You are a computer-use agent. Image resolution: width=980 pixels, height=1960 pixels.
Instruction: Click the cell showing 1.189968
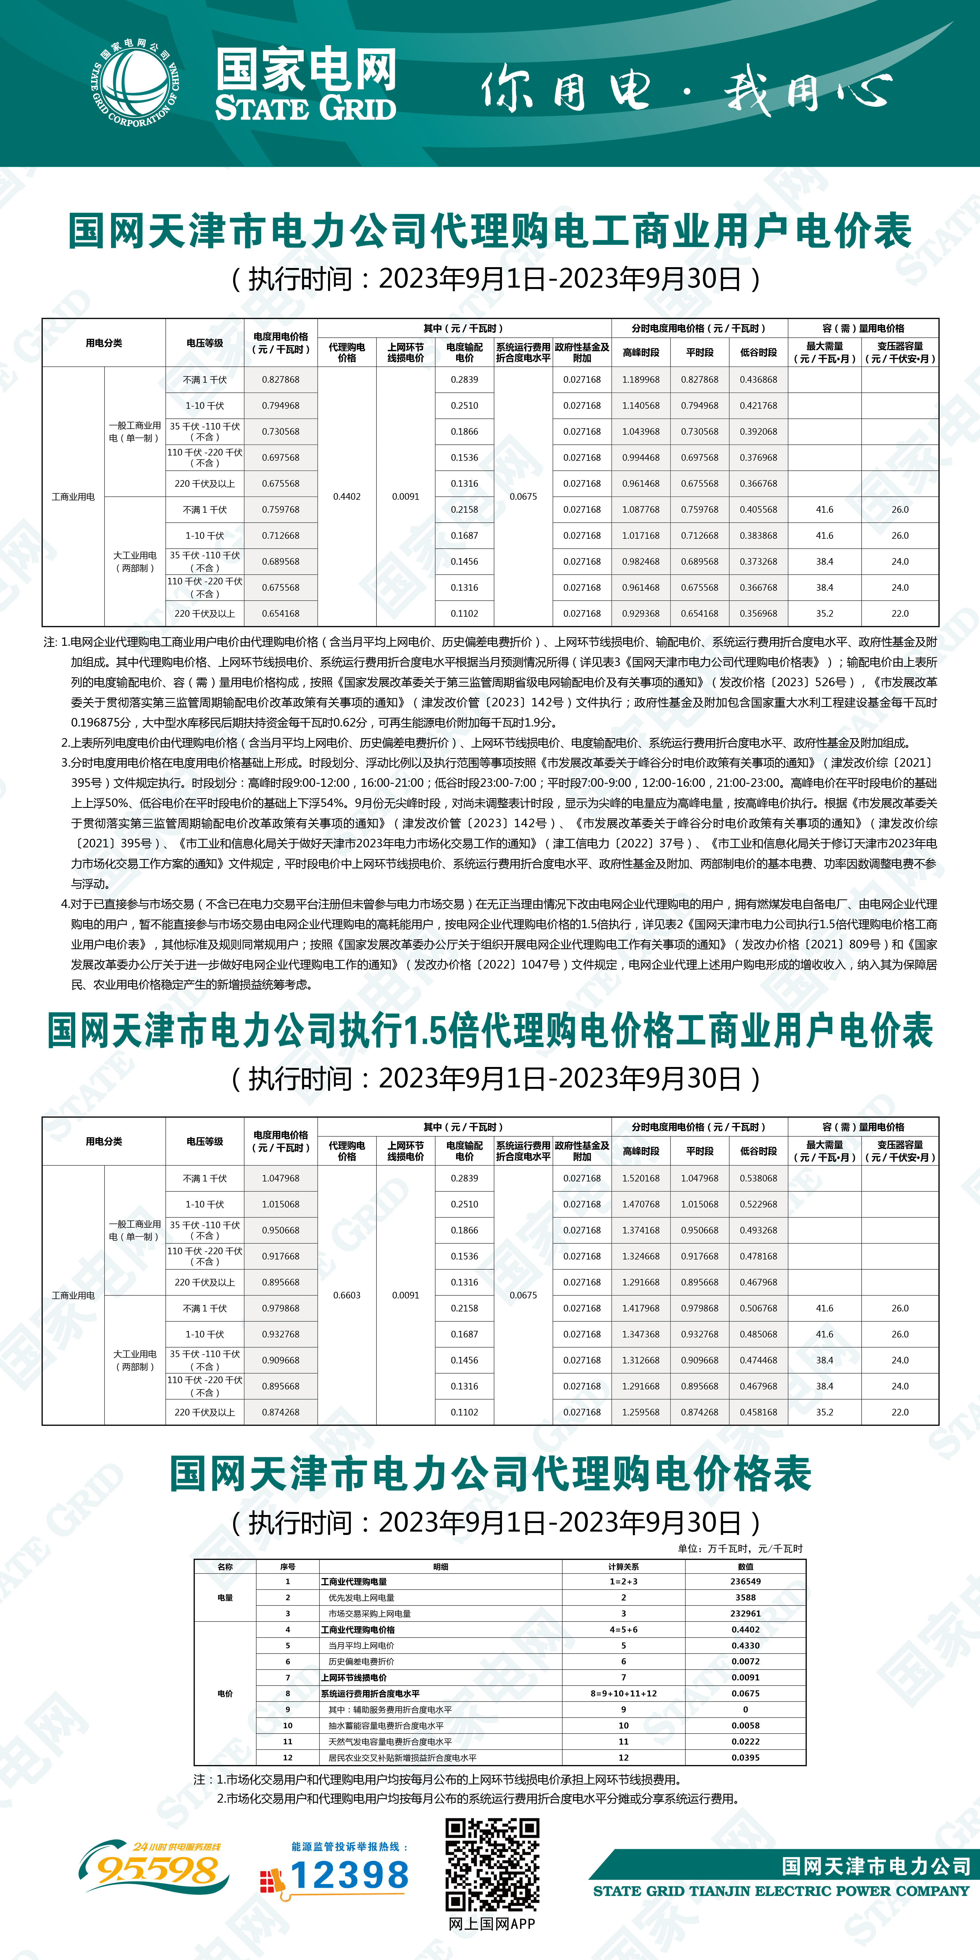tap(641, 380)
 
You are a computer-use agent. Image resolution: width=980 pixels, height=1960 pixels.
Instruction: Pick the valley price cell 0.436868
tap(759, 380)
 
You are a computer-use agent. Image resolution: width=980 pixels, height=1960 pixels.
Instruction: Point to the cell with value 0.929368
tap(641, 613)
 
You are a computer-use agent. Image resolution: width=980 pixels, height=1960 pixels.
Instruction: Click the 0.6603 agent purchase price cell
tap(347, 1295)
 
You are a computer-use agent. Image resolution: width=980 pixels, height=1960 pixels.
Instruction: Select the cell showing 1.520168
tap(641, 1178)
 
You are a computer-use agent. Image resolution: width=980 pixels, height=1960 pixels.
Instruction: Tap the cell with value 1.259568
tap(641, 1412)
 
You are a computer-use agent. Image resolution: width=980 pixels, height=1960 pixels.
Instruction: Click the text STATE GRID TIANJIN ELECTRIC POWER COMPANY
tap(781, 1891)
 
